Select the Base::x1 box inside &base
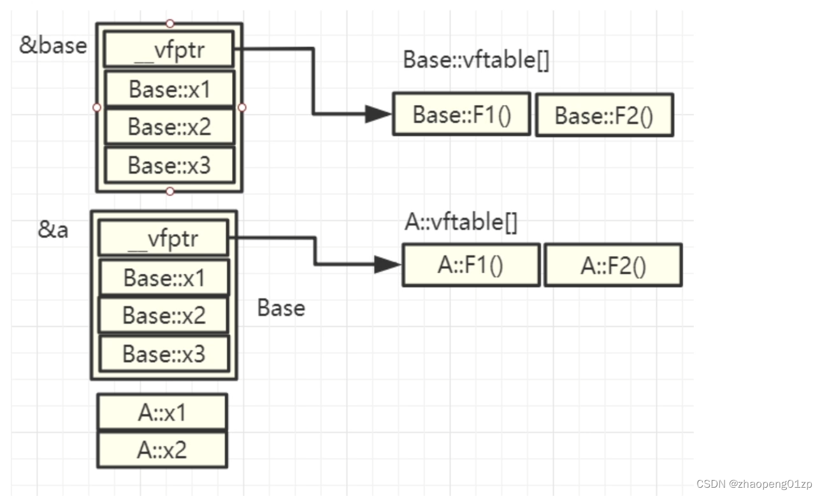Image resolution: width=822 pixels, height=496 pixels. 169,89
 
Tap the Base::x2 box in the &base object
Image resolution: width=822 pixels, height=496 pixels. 169,127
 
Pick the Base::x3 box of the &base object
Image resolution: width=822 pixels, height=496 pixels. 169,165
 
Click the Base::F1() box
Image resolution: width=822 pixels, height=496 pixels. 461,115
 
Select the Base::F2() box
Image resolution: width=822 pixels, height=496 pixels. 604,115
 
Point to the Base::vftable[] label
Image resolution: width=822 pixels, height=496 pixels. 476,60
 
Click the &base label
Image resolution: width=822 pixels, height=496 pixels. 53,46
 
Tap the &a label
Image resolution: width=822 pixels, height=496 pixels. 53,230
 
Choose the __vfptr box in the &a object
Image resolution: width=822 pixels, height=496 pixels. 164,239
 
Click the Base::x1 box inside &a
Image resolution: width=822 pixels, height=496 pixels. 164,278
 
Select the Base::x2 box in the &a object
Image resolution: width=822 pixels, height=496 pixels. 164,315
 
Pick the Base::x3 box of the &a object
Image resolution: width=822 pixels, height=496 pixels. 164,353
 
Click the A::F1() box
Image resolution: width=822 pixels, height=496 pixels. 471,265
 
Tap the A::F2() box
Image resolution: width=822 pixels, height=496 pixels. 612,266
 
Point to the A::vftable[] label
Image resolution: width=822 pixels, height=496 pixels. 461,223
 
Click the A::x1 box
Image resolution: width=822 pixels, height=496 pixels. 162,413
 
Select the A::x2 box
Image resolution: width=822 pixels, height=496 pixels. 162,450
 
